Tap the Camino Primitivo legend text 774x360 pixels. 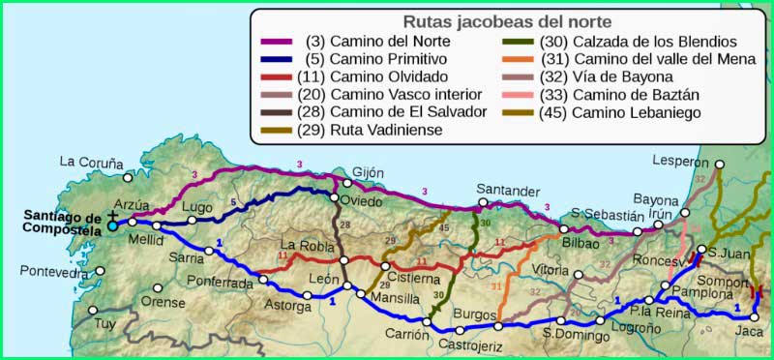point(381,59)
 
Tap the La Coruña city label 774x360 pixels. point(91,163)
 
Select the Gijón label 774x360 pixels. point(362,171)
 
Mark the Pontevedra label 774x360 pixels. point(45,274)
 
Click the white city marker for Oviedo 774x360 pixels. point(335,198)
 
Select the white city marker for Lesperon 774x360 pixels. point(719,164)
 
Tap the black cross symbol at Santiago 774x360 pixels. point(113,215)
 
